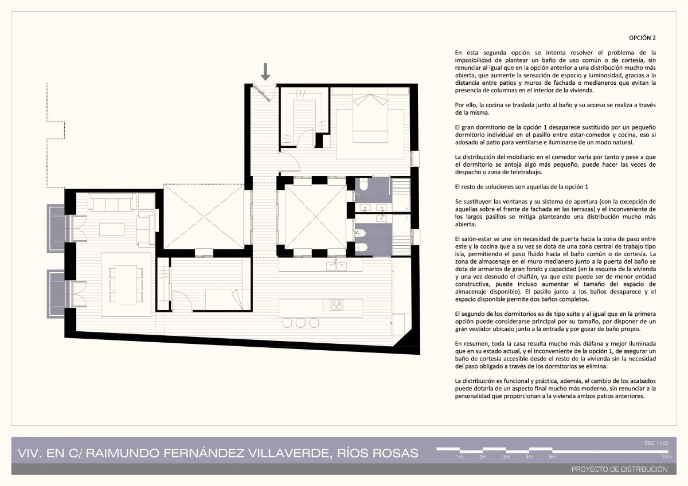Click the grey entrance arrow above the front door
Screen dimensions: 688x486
point(265,72)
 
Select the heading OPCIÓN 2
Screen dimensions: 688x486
point(642,38)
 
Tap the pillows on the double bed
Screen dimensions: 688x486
point(370,100)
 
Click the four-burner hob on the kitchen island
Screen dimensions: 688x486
point(337,305)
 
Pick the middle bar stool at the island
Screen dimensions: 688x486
point(300,323)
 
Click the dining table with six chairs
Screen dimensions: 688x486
point(126,284)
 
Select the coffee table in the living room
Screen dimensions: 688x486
point(112,229)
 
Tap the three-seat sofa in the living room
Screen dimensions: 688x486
point(112,202)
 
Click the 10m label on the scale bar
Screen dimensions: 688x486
point(667,457)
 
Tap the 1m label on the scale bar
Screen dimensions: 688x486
point(459,457)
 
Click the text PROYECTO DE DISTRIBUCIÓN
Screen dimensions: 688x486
point(620,469)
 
